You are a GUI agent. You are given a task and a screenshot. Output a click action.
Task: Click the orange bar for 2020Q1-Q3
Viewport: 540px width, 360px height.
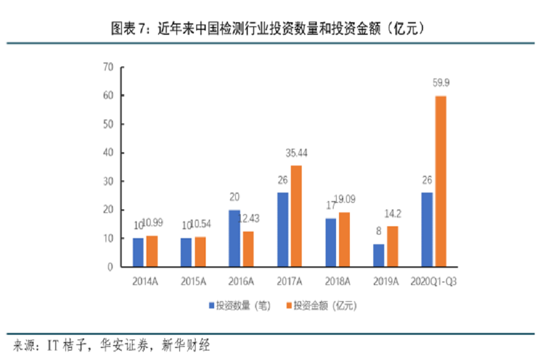click(x=440, y=181)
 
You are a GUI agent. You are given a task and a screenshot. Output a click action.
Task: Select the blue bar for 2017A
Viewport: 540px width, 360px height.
click(x=283, y=229)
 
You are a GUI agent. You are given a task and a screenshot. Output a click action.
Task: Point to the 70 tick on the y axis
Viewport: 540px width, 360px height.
click(x=108, y=67)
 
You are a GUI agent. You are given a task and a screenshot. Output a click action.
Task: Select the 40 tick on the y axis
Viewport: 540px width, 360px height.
click(x=108, y=153)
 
